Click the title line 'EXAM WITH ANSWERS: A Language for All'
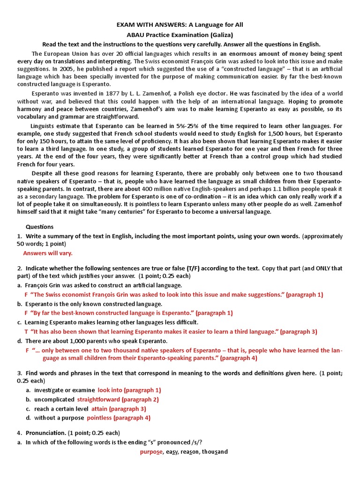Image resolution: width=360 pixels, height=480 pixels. point(180,24)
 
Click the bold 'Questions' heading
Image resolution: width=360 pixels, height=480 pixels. point(40,227)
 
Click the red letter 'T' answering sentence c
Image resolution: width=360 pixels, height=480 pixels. point(26,331)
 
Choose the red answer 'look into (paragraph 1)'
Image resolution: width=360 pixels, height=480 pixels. point(129,390)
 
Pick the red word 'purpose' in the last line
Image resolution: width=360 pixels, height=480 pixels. point(151,452)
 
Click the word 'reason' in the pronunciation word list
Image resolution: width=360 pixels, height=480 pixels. point(189,452)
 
